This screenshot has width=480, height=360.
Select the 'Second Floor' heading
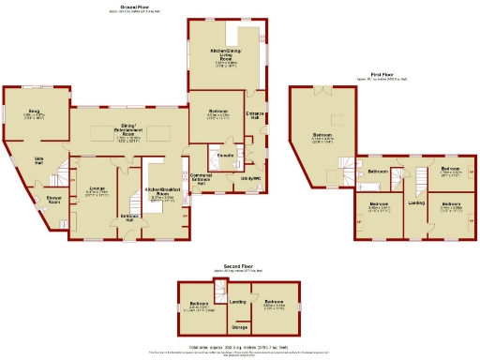(x=238, y=266)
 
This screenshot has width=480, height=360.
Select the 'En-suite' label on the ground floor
(x=225, y=153)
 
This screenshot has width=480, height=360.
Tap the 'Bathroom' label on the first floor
(x=378, y=172)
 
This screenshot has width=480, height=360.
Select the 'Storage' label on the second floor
(x=239, y=327)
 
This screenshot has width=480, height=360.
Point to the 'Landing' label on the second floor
(x=238, y=302)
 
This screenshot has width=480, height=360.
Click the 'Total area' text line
(x=241, y=347)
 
